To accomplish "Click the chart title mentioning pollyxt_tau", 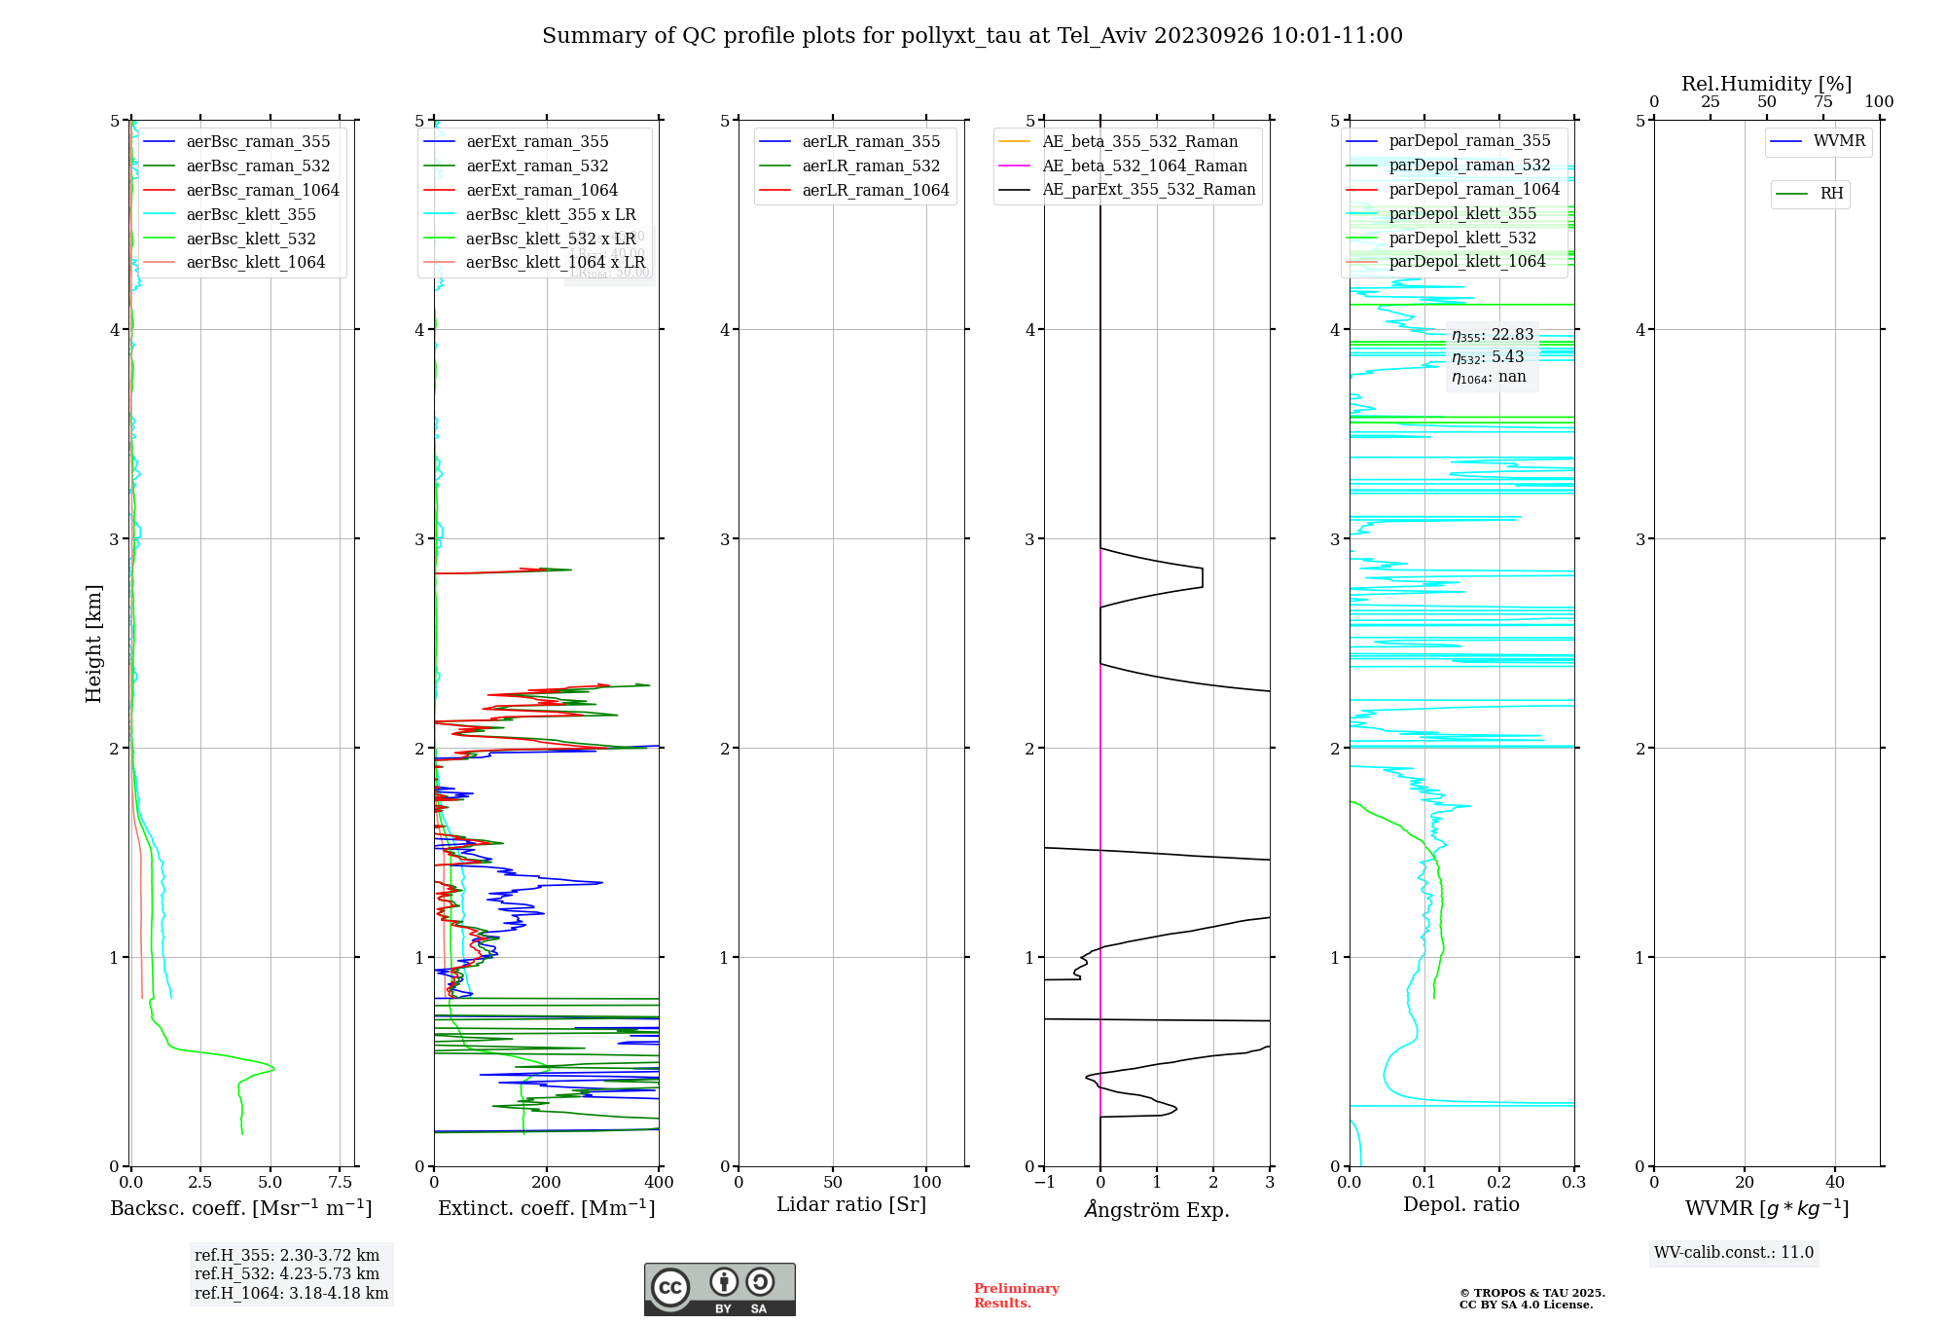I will pos(972,36).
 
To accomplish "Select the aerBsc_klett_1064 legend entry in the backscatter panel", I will pos(255,263).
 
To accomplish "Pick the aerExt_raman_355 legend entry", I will pos(537,142).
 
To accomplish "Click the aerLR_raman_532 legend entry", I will pos(871,166).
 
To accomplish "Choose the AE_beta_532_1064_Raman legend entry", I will pos(1144,166).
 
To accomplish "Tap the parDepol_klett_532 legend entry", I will pos(1461,239).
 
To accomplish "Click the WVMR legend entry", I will pos(1839,141).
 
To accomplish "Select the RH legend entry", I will pos(1831,194).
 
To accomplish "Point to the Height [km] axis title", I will pos(93,644).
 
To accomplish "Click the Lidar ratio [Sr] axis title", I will pos(851,1204).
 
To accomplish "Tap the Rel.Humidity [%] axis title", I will pos(1766,84).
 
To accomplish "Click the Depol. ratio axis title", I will pos(1460,1204).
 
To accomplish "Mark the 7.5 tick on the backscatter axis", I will pos(340,1183).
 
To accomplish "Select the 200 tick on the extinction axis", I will pos(547,1183).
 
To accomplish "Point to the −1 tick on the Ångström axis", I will pos(1043,1183).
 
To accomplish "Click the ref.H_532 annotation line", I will pos(287,1273).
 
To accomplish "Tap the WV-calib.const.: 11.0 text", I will pos(1734,1252).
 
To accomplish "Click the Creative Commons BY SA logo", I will pos(719,1289).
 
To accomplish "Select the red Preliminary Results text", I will pos(1016,1296).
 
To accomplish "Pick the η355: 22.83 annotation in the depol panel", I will pos(1493,335).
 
